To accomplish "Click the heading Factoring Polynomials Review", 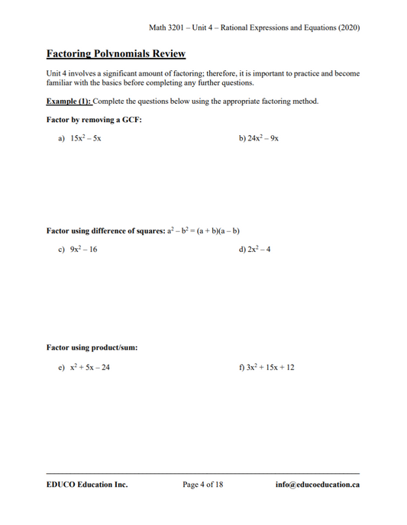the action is pos(115,54).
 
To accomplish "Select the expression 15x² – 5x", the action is pos(86,140).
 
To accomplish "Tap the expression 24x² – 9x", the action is pos(263,140).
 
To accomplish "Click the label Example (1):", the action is pos(69,101).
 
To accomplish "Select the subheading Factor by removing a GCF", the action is pos(94,121).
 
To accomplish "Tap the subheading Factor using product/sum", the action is pos(92,348).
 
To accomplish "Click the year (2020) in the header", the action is pos(347,28).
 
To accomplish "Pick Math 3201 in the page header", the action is pos(168,28).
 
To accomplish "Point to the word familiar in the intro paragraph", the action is pos(59,82).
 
